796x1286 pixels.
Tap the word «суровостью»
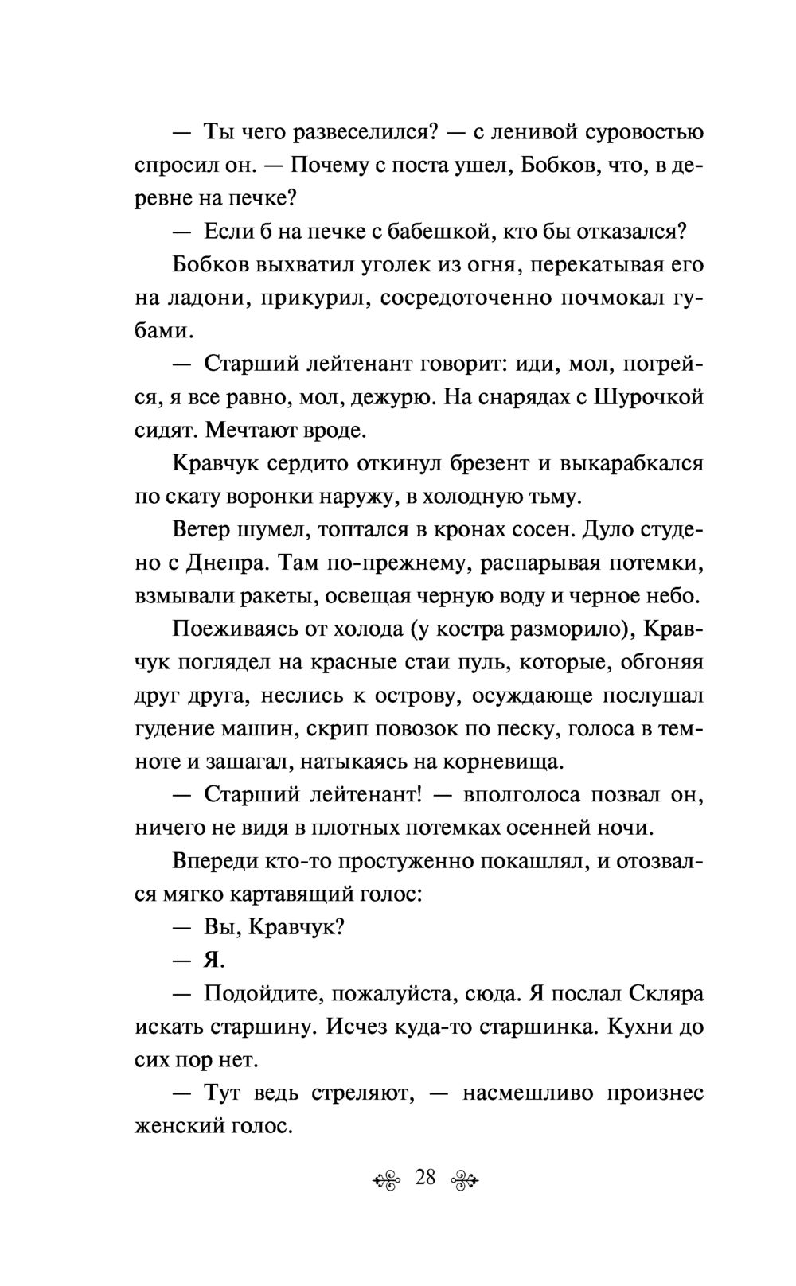tap(643, 131)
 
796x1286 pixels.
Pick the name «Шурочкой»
tap(650, 397)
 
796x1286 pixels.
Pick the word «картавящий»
tap(298, 894)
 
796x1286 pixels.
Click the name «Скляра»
tap(660, 994)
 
